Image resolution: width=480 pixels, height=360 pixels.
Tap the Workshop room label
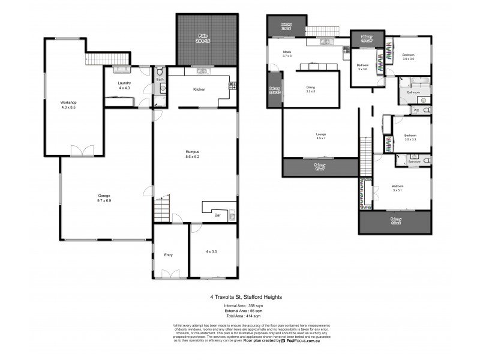coord(68,103)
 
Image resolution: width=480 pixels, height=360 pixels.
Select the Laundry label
coord(124,83)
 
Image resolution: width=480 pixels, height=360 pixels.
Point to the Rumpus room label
coord(193,152)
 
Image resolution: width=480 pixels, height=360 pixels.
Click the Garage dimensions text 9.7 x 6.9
coord(106,200)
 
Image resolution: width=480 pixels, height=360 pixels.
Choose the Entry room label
coord(168,256)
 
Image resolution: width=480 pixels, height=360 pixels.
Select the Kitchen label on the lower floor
coord(199,89)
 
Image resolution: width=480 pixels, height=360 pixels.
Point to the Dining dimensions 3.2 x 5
coord(311,92)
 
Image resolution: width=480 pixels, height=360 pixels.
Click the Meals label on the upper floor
coord(287,52)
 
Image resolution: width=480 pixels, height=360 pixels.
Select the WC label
coord(416,111)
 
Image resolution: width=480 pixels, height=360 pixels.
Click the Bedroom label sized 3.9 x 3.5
coord(408,55)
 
